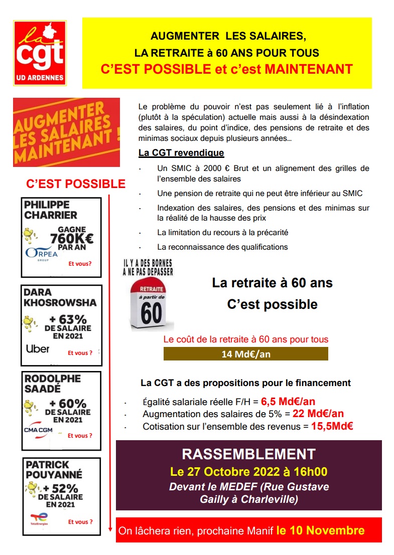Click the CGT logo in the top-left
pos(40,53)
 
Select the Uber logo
pos(38,348)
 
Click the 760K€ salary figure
pos(75,238)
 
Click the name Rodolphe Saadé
pos(53,384)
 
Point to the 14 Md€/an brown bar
pos(245,354)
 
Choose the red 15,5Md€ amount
pos(332,427)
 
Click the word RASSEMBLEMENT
pos(248,454)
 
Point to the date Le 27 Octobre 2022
pos(228,472)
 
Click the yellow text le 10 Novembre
pos(320,530)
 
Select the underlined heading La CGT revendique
pos(181,152)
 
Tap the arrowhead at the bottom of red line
pos(110,527)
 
